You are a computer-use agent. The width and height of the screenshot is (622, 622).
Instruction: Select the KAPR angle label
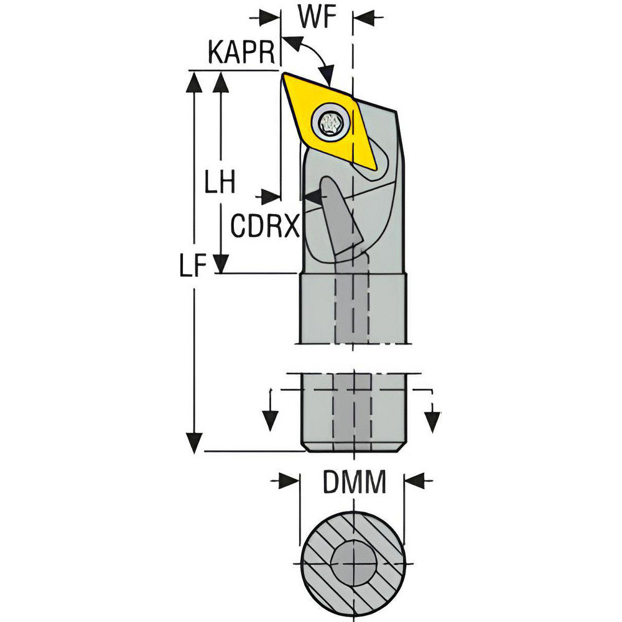click(241, 52)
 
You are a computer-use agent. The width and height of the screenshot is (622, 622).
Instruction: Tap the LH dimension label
click(220, 182)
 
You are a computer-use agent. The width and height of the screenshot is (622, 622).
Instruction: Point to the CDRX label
click(264, 226)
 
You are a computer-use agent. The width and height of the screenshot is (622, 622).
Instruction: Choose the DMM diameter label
click(355, 483)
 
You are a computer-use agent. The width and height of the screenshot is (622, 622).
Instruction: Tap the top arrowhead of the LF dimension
click(194, 83)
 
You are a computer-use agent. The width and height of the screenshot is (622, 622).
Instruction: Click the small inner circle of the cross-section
click(353, 564)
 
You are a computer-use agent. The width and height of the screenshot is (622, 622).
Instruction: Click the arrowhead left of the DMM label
click(289, 481)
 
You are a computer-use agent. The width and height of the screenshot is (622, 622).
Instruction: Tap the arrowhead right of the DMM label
click(414, 481)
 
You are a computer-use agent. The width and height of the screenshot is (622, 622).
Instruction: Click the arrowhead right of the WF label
click(363, 17)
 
